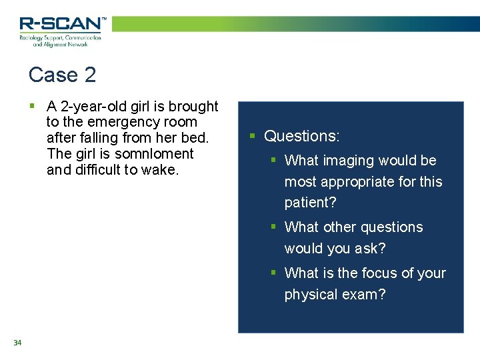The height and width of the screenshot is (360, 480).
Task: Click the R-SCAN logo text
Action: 62,24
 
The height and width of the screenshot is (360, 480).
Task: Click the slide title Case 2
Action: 62,75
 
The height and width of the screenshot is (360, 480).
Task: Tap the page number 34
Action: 17,343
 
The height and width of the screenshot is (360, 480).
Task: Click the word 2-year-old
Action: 95,107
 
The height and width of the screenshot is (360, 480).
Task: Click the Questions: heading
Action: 302,136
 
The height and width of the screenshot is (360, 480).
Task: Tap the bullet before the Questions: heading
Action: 253,136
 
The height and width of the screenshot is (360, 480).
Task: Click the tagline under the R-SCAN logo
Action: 60,41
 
